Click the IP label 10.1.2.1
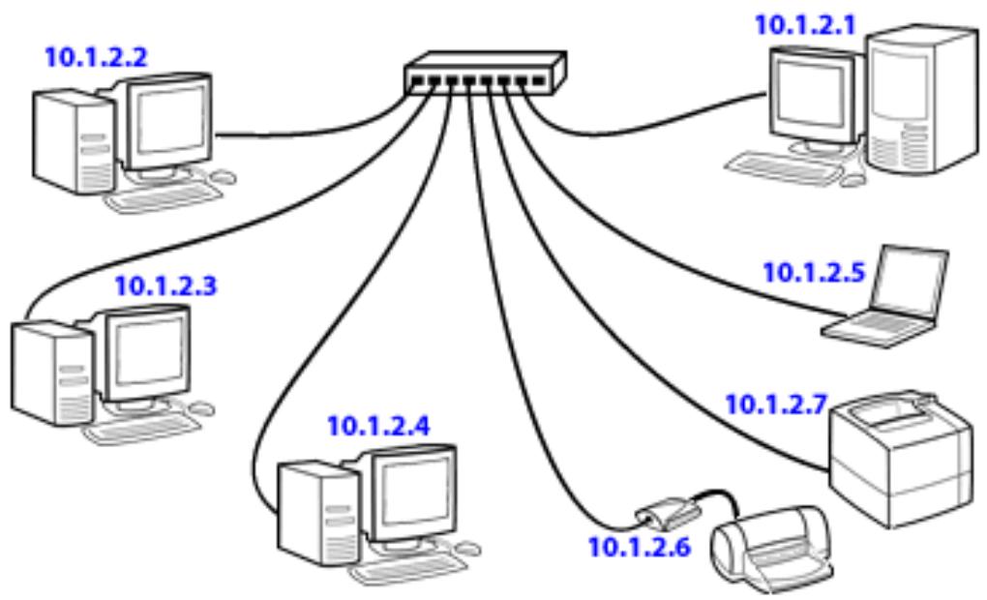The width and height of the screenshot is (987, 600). pos(805,26)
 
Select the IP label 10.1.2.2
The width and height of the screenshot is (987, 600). pos(97,57)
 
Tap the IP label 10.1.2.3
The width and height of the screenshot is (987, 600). pos(165,285)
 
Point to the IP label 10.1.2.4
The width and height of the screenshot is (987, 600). pos(379,426)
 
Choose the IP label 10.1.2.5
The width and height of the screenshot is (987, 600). pos(814,273)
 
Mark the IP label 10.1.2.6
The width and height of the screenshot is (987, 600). pos(640,547)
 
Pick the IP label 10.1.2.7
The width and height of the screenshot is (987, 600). pos(776,405)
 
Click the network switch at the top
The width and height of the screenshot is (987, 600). pos(486,73)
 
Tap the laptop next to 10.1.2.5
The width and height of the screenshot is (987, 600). pos(885,296)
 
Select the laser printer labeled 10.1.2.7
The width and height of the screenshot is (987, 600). pos(900,459)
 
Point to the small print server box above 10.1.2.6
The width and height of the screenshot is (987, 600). pos(669,512)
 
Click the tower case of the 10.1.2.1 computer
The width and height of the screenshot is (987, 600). pos(922,100)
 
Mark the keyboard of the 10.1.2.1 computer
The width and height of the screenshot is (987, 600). pos(784,166)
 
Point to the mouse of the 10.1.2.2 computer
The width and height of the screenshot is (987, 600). pos(223,177)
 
